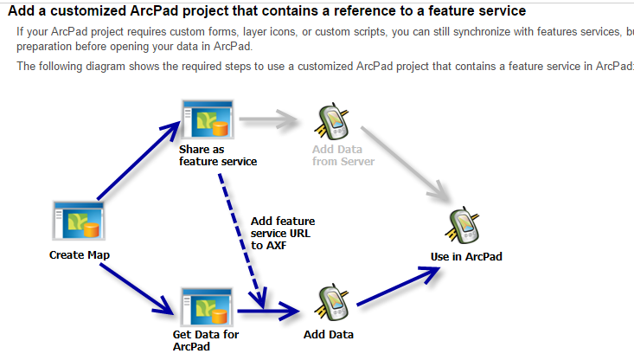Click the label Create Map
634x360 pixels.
pos(80,255)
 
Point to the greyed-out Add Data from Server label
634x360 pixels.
pos(343,156)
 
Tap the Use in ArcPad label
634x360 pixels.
pos(466,257)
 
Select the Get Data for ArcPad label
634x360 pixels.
pos(206,340)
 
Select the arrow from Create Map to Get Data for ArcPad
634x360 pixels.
pos(135,285)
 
